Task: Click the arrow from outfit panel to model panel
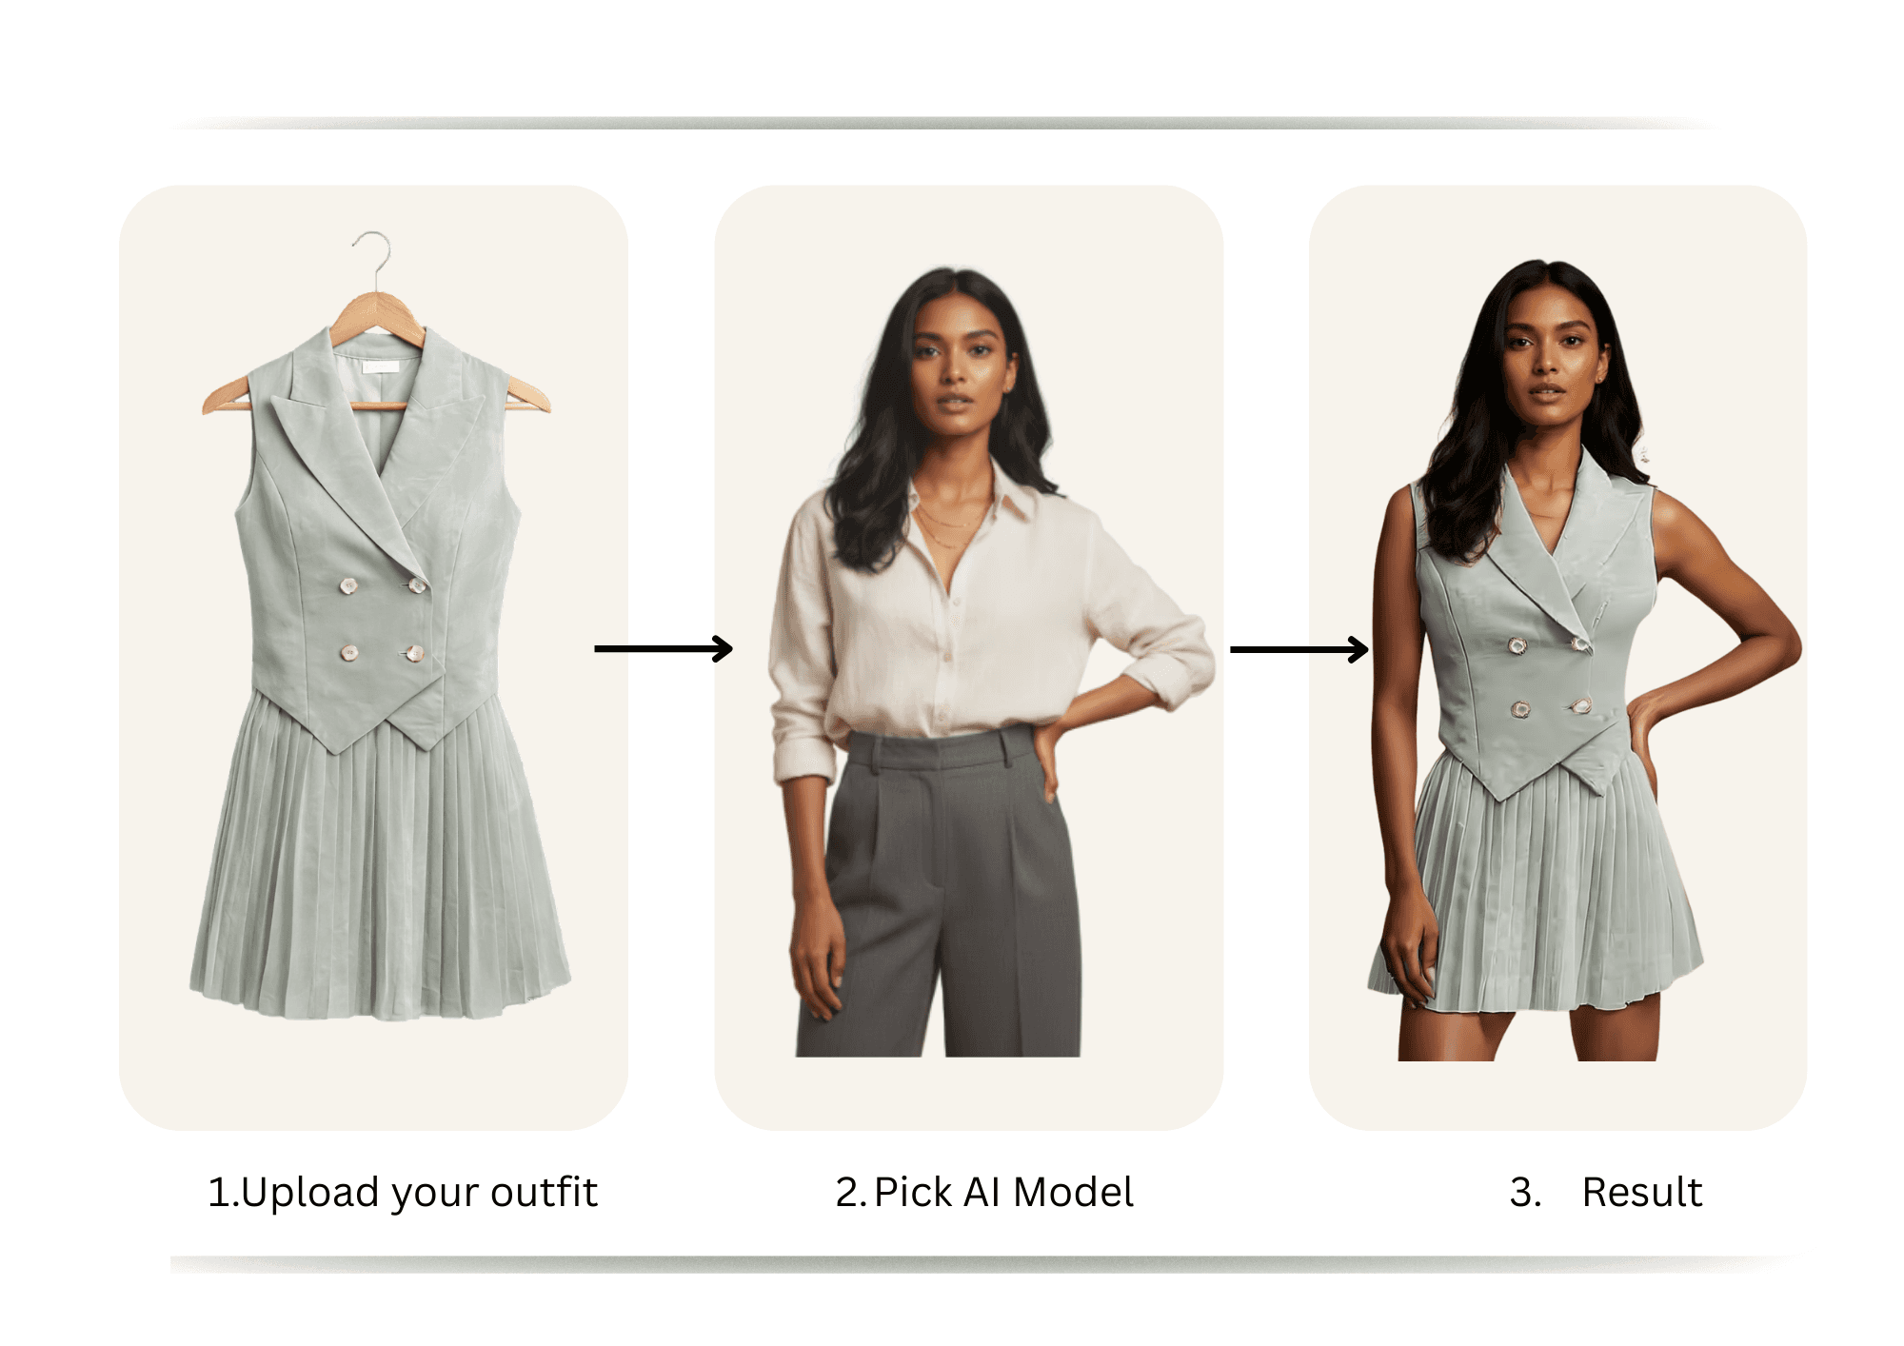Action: [x=664, y=649]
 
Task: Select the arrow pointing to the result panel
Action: [x=1299, y=649]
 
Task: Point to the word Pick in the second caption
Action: [x=913, y=1192]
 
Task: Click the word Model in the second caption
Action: [x=1073, y=1192]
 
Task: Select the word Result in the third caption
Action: [x=1642, y=1192]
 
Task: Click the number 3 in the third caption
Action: [x=1524, y=1192]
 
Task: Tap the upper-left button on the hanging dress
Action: [x=349, y=585]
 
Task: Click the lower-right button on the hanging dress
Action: [x=414, y=653]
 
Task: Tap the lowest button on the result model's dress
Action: [x=1519, y=709]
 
